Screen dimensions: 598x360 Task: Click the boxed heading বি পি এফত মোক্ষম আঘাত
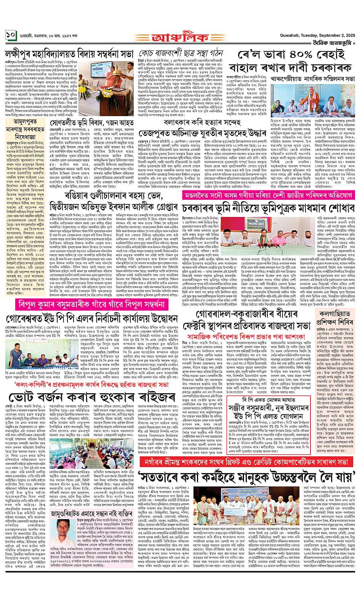tap(262, 401)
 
